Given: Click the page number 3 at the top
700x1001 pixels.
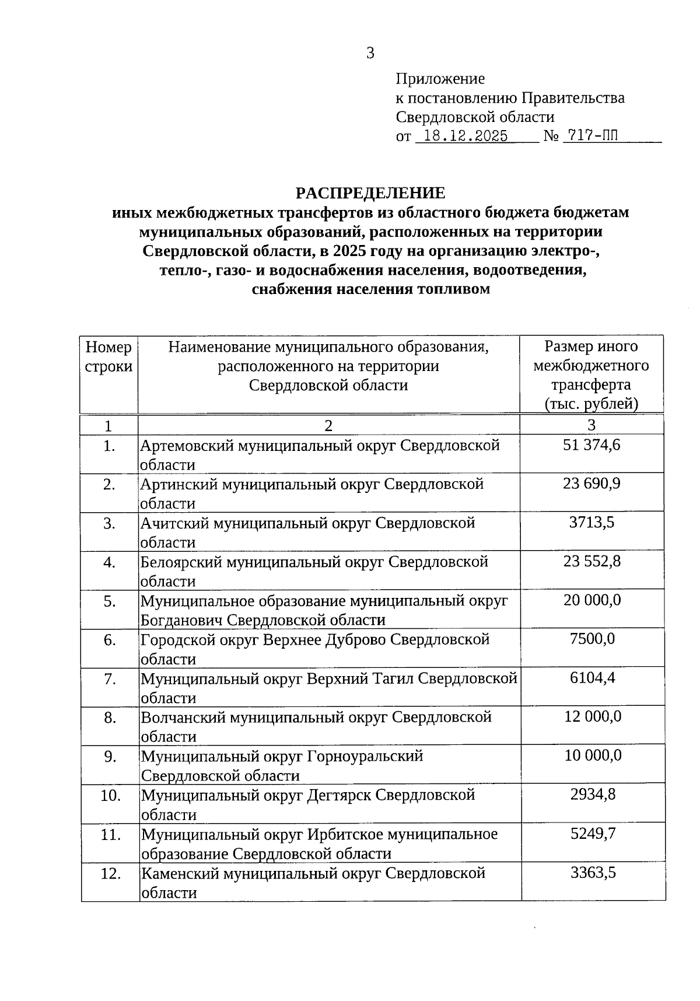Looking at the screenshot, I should tap(370, 54).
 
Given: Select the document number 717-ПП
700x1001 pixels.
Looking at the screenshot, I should tap(589, 136).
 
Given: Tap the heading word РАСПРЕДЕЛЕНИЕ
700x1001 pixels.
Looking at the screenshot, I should tap(370, 193).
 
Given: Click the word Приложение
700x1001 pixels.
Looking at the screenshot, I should tap(440, 78).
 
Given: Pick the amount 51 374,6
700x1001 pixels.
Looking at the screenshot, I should tap(591, 445).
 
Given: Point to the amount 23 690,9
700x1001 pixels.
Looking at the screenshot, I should tap(591, 484).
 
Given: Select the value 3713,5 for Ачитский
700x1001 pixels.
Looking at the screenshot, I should tap(591, 523).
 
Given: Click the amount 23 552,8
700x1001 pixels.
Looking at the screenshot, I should tap(591, 561).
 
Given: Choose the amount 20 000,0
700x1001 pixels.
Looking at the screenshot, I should tap(591, 600).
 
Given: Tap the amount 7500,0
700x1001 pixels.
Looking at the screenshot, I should tap(591, 639).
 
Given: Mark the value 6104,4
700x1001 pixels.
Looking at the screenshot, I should tap(591, 678).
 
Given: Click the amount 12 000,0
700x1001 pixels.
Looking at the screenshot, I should tap(591, 717).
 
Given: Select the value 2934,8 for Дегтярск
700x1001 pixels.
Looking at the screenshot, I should tap(591, 794).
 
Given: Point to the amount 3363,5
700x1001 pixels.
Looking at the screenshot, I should tap(591, 873).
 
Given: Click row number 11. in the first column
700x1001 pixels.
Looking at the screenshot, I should tap(110, 835).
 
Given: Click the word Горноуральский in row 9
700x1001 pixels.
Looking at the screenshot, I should tap(365, 757).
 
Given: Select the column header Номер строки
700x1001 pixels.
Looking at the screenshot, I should tap(108, 357).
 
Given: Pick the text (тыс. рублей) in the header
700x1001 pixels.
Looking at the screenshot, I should tap(591, 404).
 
